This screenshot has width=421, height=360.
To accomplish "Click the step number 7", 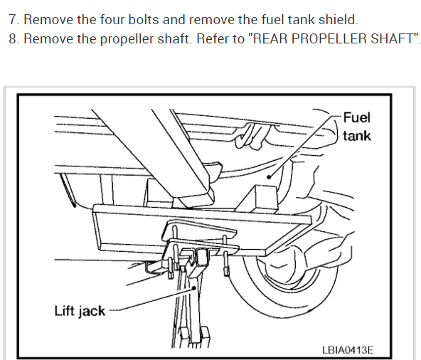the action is click(x=14, y=20).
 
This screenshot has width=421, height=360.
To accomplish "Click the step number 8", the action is click(x=14, y=39).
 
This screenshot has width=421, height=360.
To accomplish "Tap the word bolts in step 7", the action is click(x=144, y=20).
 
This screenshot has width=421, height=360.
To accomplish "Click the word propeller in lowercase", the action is click(x=127, y=40).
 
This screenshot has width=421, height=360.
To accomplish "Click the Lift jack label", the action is click(x=80, y=312).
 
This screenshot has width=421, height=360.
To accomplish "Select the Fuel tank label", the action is click(x=357, y=127).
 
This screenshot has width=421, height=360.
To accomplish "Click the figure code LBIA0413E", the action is click(x=348, y=350).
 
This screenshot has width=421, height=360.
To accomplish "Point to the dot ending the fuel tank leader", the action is click(x=269, y=176).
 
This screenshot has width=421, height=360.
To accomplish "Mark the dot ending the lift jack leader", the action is click(x=194, y=287).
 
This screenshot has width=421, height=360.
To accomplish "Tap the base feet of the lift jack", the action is click(x=195, y=337).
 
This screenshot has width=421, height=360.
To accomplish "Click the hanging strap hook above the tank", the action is click(x=248, y=136).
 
